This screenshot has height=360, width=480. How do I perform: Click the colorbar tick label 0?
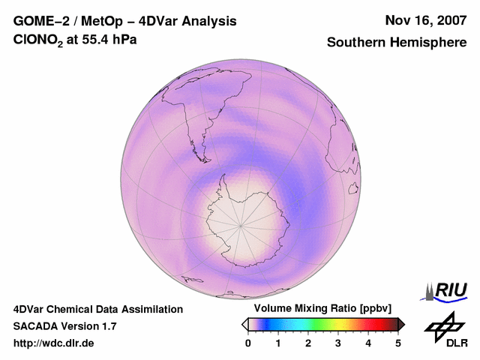click(248, 343)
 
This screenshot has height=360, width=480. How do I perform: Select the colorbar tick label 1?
click(278, 343)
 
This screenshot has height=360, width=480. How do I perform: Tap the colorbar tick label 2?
click(308, 343)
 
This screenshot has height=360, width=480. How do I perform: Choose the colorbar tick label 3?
click(338, 343)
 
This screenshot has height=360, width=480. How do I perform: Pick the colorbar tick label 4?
click(368, 343)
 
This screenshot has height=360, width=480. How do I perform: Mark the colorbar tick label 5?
click(398, 343)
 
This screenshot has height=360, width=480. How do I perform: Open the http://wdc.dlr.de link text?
click(54, 343)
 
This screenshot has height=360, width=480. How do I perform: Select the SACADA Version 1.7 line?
click(64, 326)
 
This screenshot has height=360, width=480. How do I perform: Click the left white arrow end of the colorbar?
click(244, 324)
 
